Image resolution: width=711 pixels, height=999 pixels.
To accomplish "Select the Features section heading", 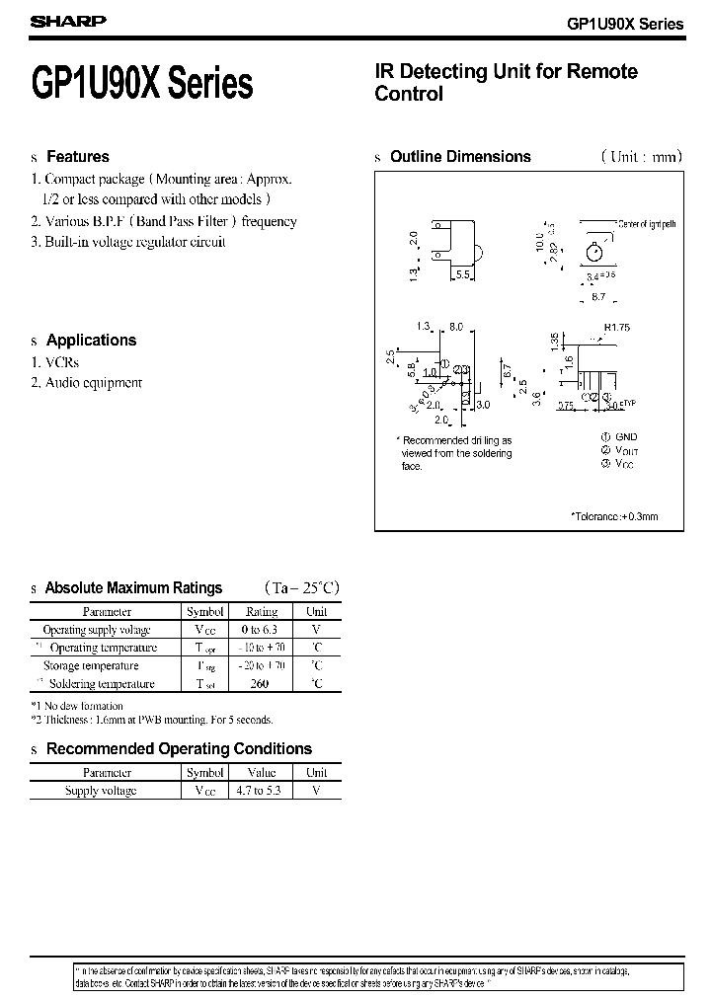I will coord(78,157).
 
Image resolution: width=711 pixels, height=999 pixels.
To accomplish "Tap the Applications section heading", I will coord(91,341).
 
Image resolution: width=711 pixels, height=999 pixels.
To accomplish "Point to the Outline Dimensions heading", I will coord(460,157).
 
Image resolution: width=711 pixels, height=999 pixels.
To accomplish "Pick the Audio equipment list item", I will coord(94,383).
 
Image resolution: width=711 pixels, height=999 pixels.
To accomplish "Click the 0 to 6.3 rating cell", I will coord(262,630).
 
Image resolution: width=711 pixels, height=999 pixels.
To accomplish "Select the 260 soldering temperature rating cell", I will coord(262,684).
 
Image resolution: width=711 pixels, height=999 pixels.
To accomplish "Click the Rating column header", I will coord(262,612).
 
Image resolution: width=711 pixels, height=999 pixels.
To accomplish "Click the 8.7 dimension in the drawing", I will coord(598,296).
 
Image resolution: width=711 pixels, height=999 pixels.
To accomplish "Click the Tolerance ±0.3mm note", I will coord(613,516).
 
